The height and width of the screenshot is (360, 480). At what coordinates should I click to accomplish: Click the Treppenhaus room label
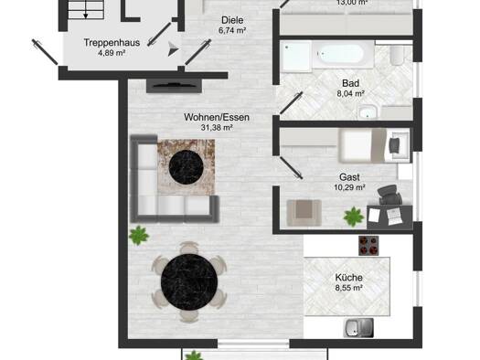112,43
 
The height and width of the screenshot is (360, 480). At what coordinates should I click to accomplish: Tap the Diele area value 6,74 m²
232,30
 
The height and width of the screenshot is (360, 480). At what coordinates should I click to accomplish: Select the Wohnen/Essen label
217,117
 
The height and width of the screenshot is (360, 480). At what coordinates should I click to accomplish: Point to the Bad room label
350,83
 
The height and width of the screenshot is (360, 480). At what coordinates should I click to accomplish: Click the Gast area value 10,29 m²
349,187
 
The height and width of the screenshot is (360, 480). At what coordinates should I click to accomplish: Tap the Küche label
348,278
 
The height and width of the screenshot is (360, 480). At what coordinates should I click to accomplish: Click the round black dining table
189,282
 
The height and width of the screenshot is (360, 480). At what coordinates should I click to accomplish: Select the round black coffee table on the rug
187,167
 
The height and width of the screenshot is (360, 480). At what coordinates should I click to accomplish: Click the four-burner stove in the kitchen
368,246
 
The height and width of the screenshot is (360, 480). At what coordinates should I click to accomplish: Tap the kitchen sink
359,328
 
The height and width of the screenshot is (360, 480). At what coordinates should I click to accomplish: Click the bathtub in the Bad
343,55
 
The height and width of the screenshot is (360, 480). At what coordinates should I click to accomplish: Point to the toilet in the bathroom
398,56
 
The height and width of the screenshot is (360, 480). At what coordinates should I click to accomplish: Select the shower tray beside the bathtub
296,57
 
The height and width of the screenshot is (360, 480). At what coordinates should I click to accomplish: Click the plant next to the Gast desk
354,217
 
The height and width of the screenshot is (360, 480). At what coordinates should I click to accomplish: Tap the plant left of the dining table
139,235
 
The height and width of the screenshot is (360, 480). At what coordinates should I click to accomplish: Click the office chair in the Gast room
389,195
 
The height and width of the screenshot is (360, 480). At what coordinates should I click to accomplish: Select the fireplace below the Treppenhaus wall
175,86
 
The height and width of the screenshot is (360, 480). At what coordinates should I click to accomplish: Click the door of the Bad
291,102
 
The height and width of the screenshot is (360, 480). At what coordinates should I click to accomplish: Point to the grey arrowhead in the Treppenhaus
173,49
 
